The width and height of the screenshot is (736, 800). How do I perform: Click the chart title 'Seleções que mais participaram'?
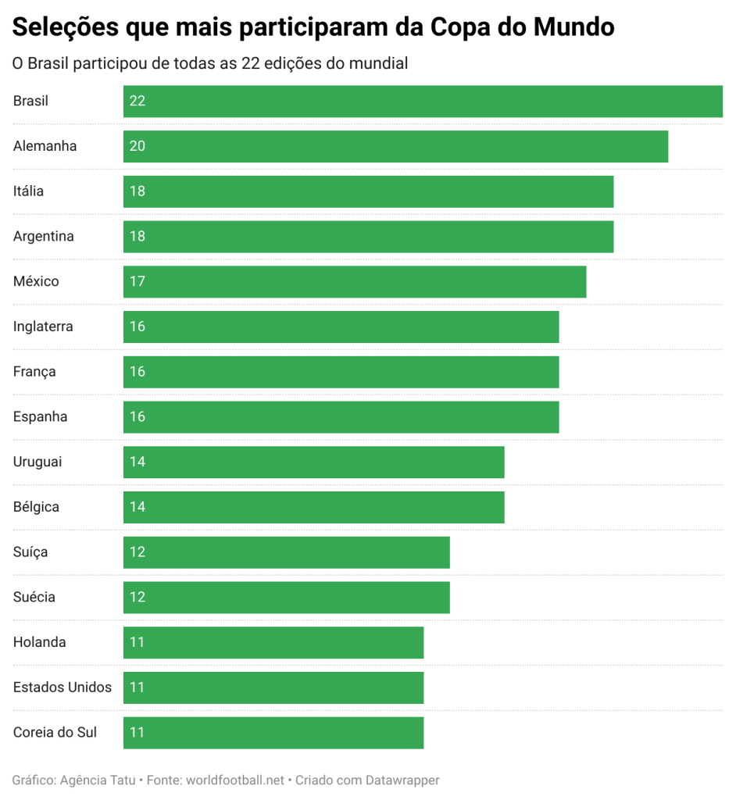click(x=313, y=28)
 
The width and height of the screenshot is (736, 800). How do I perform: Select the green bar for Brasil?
click(x=422, y=101)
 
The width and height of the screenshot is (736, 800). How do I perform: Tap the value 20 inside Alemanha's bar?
click(x=138, y=146)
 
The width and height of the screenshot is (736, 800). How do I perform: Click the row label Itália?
click(x=28, y=191)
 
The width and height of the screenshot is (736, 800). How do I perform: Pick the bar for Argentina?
click(x=367, y=237)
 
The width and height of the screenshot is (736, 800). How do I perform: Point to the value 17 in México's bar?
click(x=138, y=281)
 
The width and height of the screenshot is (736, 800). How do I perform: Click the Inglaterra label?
click(x=43, y=327)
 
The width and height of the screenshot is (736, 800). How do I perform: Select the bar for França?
click(x=341, y=372)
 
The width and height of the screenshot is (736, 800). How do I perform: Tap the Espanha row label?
click(x=40, y=416)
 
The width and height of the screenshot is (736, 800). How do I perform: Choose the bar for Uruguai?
click(x=313, y=462)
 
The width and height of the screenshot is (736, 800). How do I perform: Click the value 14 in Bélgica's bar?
click(x=138, y=507)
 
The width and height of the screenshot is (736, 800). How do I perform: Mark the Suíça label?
click(x=30, y=552)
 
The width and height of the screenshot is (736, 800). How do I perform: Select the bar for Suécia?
click(x=286, y=598)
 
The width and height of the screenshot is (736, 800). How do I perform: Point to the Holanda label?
click(x=39, y=642)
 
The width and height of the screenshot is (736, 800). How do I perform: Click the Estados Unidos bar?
click(x=273, y=687)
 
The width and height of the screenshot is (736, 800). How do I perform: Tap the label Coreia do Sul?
click(x=55, y=733)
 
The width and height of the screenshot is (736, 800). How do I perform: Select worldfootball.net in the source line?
click(x=234, y=780)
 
